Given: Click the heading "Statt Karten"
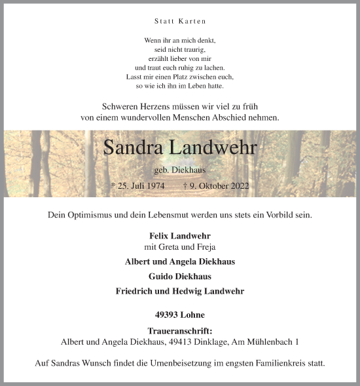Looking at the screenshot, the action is [x=179, y=22].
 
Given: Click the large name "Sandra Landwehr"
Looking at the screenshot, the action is [x=179, y=147].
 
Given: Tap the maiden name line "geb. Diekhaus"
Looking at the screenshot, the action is [x=179, y=170].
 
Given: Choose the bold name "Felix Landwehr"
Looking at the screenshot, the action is [x=179, y=235].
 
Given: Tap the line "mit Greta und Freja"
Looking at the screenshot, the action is [x=179, y=247].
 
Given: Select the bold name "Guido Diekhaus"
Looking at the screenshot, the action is [x=179, y=277].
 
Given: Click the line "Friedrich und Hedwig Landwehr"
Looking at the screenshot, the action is [x=179, y=291].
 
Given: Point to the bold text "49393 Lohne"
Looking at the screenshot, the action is [x=179, y=315].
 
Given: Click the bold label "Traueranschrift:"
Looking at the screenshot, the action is [x=179, y=332].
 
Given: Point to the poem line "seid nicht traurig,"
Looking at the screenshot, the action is [x=179, y=50].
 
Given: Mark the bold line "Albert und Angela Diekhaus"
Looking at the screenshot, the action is [x=179, y=262].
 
